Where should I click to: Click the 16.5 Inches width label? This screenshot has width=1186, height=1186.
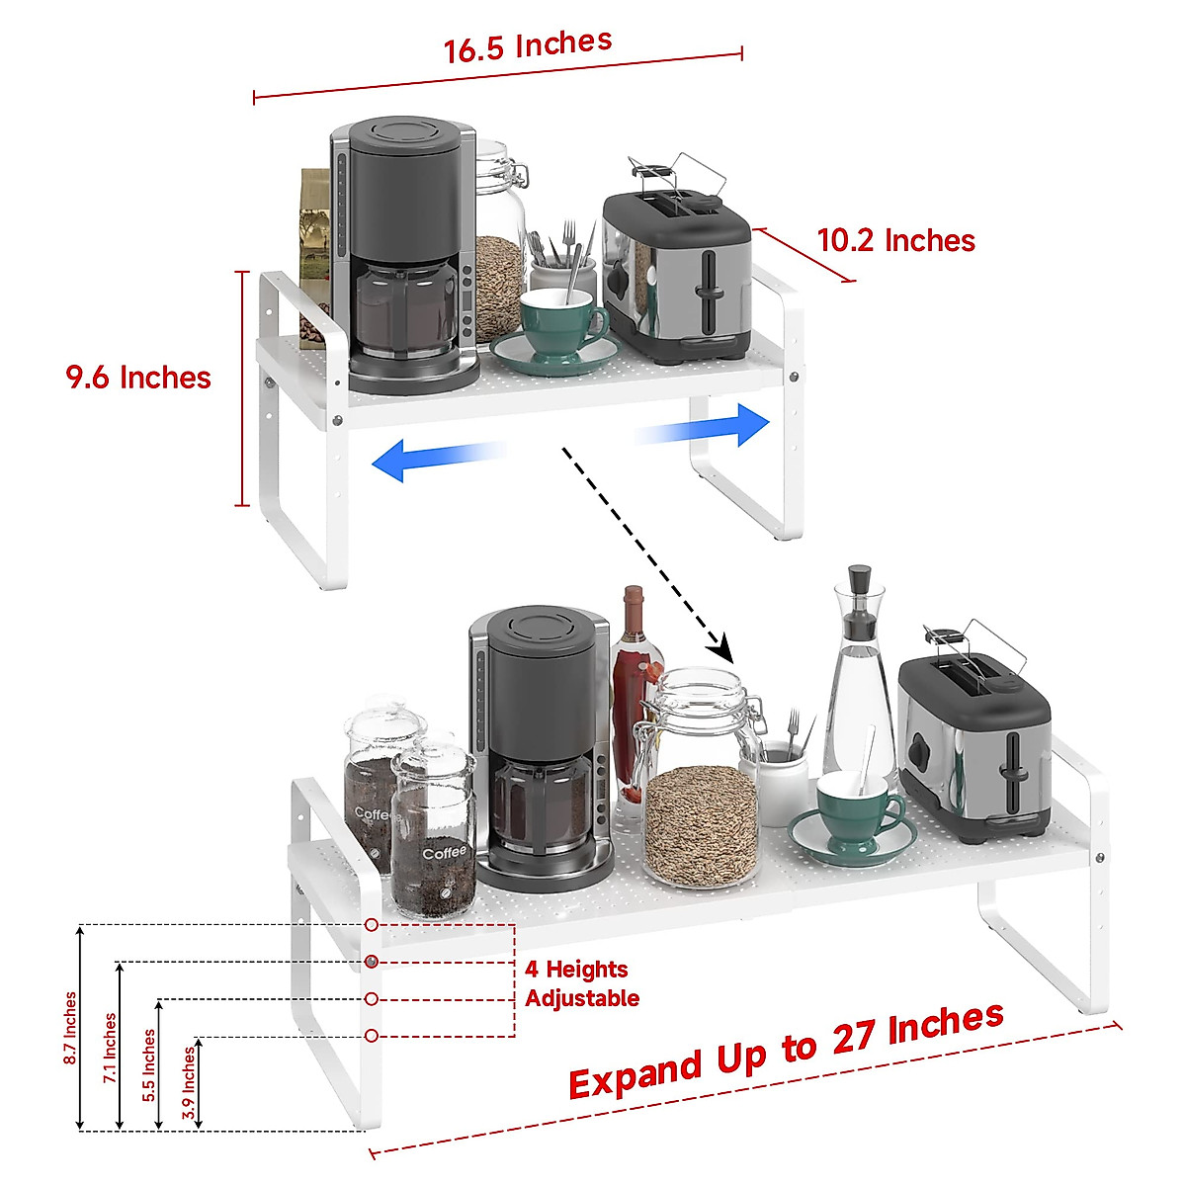coord(528,45)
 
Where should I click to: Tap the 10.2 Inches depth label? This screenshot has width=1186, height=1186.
coord(895,240)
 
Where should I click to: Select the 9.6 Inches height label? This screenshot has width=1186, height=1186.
coord(138,378)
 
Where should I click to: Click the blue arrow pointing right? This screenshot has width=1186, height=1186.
coord(706,427)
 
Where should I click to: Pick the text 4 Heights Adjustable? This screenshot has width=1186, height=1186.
coord(581,983)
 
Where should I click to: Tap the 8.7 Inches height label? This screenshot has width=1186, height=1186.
coord(70,1028)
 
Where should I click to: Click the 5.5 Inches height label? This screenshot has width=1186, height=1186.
coord(149,1064)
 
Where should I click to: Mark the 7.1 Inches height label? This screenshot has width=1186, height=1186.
coord(110,1048)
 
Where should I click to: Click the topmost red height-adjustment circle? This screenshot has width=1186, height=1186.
coord(371,926)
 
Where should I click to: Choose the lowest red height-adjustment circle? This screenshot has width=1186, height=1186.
coord(372,1036)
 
